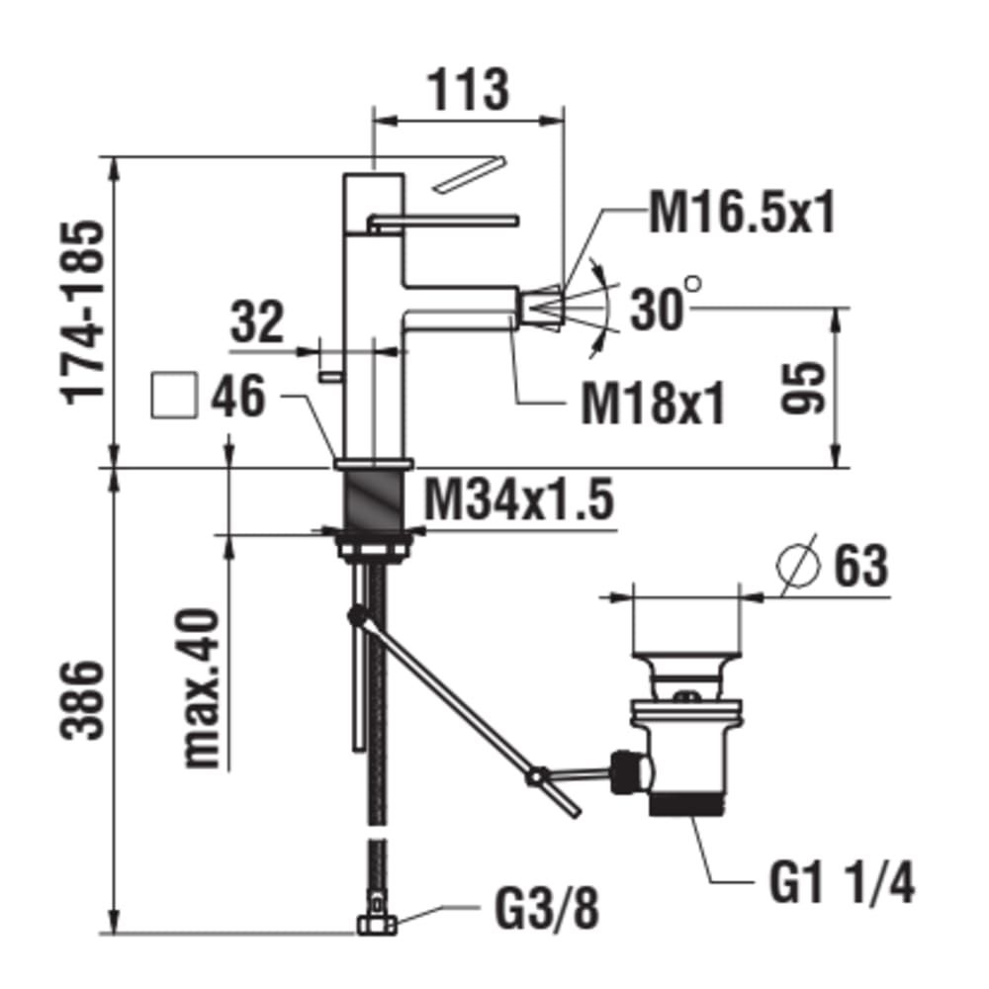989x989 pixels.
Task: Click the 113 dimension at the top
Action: (x=469, y=89)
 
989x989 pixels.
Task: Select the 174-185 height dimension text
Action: (x=83, y=313)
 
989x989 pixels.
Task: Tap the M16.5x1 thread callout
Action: (x=743, y=213)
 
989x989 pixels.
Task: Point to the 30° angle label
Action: (x=666, y=308)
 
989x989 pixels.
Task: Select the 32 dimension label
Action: (x=257, y=321)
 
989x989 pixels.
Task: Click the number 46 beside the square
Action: (x=237, y=397)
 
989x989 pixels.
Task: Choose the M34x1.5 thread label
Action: (x=518, y=498)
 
